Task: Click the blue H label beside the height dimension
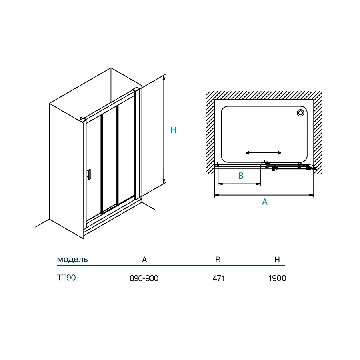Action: [173, 130]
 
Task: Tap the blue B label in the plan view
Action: [241, 176]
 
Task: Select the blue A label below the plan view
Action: [265, 202]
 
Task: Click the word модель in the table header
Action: [72, 259]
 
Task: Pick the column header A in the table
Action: [144, 260]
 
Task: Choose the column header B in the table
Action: [218, 260]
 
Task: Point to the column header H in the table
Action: [277, 260]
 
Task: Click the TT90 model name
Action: [66, 278]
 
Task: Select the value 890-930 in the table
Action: [144, 278]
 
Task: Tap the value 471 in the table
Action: [218, 278]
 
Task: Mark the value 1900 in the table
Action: [277, 278]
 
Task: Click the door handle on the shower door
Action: [89, 174]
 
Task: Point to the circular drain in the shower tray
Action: [300, 113]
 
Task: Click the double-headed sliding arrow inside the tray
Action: [263, 153]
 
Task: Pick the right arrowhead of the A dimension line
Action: [311, 195]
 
